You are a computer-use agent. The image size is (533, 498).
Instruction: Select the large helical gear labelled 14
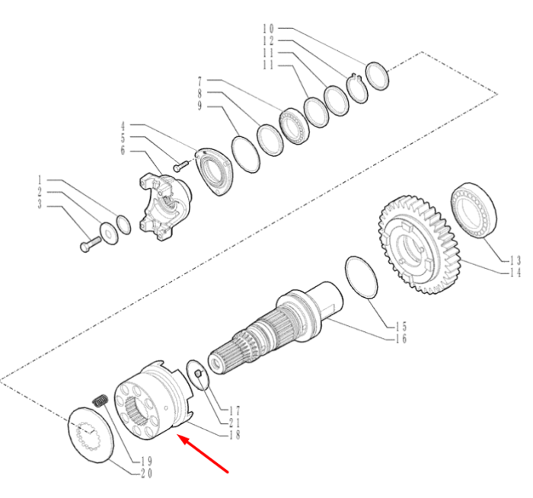[x=419, y=244]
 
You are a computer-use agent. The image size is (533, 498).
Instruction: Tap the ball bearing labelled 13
[x=474, y=210]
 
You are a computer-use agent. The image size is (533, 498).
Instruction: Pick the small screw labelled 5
[x=180, y=166]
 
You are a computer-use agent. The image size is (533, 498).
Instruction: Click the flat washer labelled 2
[x=109, y=233]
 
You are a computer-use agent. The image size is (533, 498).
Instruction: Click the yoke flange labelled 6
[x=165, y=206]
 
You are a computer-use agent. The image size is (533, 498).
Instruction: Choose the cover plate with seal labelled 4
[x=215, y=172]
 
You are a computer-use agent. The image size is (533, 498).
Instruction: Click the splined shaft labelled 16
[x=276, y=327]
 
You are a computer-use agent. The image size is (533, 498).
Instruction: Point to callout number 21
[x=235, y=423]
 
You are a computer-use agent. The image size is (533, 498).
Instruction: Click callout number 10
[x=268, y=28]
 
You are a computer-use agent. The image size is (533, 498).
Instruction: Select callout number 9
[x=199, y=106]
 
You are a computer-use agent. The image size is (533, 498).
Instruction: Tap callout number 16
[x=401, y=339]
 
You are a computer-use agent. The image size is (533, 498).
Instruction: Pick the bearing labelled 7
[x=294, y=126]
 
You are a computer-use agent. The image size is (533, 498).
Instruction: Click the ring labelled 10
[x=377, y=76]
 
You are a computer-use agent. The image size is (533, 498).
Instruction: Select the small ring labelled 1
[x=123, y=225]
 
